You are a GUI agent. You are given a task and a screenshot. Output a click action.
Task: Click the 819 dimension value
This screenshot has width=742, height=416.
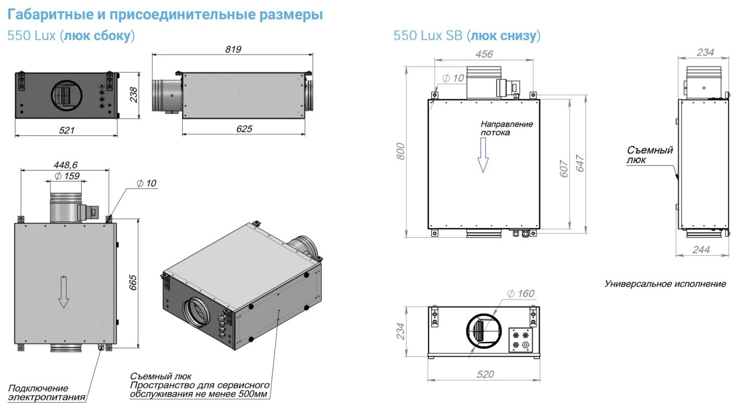(233, 49)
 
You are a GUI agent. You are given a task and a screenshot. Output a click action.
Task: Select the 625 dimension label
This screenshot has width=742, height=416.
(244, 128)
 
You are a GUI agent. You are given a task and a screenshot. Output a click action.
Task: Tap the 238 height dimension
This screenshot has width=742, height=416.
(134, 95)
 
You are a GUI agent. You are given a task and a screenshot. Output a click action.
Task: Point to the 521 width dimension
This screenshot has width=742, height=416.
(67, 130)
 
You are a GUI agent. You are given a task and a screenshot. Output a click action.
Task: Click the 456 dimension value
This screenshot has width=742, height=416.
(483, 54)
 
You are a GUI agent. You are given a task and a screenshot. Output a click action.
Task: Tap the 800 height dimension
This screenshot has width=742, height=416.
(400, 151)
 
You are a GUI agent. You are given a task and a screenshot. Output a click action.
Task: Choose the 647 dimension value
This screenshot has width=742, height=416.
(580, 164)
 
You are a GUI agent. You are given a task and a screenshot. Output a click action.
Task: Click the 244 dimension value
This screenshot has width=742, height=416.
(701, 250)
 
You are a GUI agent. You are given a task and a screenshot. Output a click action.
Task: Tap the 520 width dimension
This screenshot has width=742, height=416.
(485, 374)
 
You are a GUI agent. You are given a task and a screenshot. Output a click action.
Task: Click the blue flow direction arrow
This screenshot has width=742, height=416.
(483, 159)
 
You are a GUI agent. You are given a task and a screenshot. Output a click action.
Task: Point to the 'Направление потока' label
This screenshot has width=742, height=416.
(506, 128)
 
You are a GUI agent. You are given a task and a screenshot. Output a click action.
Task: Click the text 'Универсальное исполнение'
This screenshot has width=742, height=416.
(664, 284)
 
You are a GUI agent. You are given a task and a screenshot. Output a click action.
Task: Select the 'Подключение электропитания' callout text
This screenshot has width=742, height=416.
(46, 393)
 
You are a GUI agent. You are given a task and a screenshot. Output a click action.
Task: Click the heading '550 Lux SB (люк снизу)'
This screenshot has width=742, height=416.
(467, 35)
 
